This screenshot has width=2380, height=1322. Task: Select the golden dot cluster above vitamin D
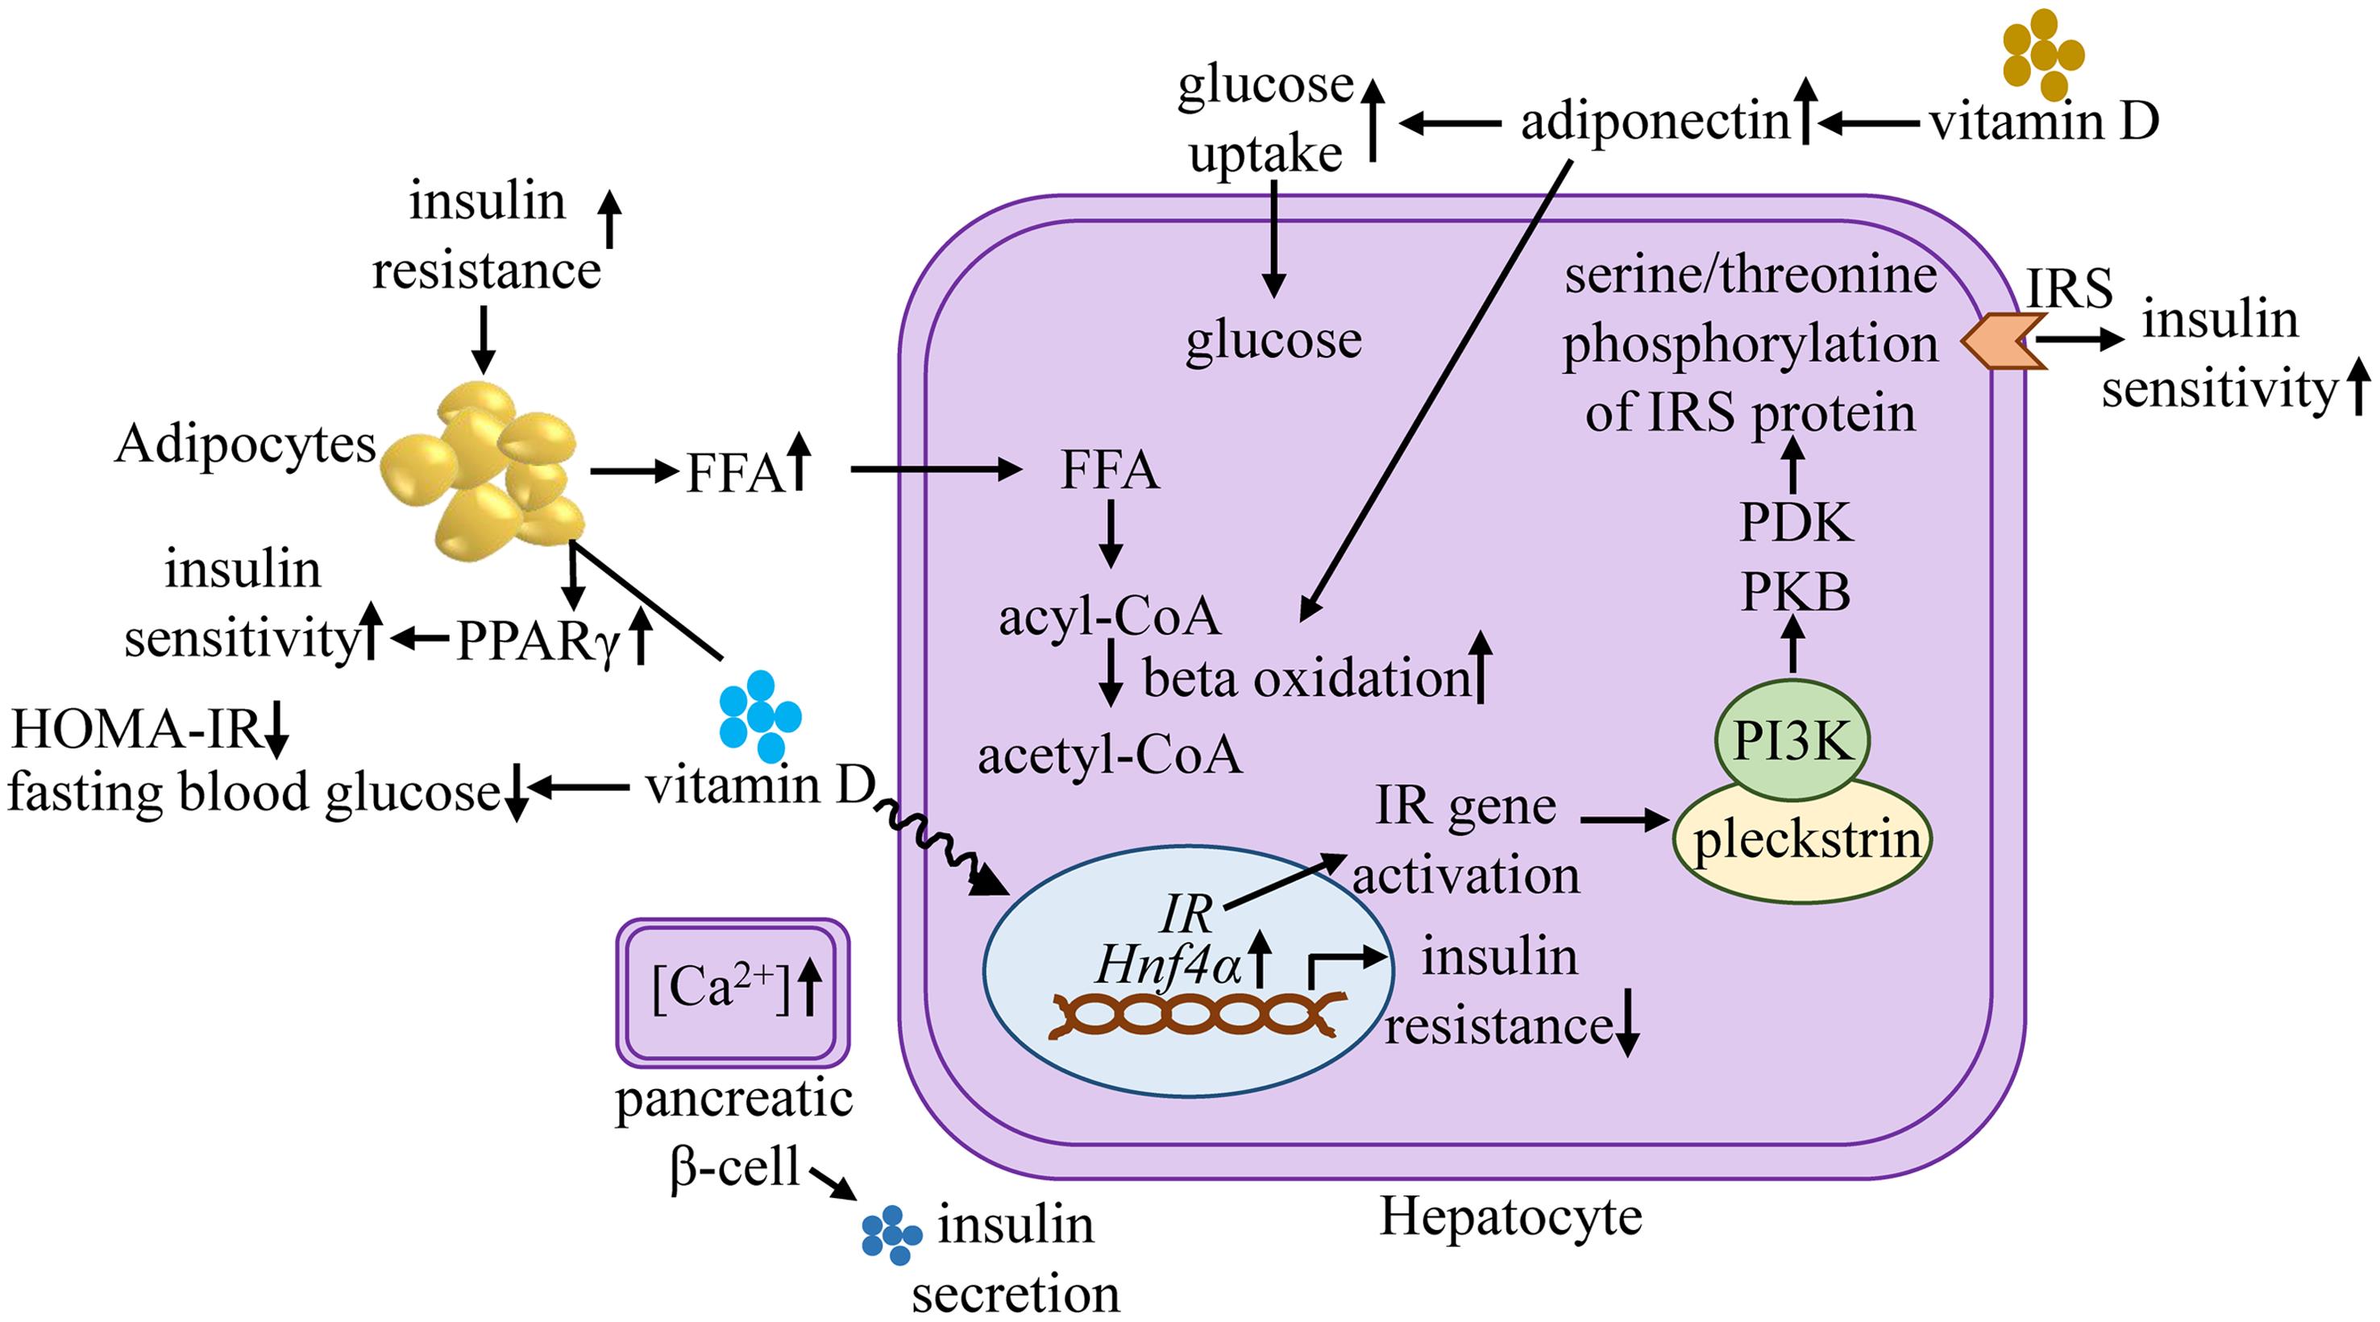pos(2041,54)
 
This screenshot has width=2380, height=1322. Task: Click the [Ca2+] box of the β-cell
pos(733,988)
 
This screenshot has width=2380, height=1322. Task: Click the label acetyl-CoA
pos(1109,755)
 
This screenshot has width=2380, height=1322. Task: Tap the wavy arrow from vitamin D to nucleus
pos(933,845)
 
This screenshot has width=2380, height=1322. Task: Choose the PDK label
pos(1795,523)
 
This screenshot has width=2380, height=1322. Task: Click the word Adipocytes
pos(245,445)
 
